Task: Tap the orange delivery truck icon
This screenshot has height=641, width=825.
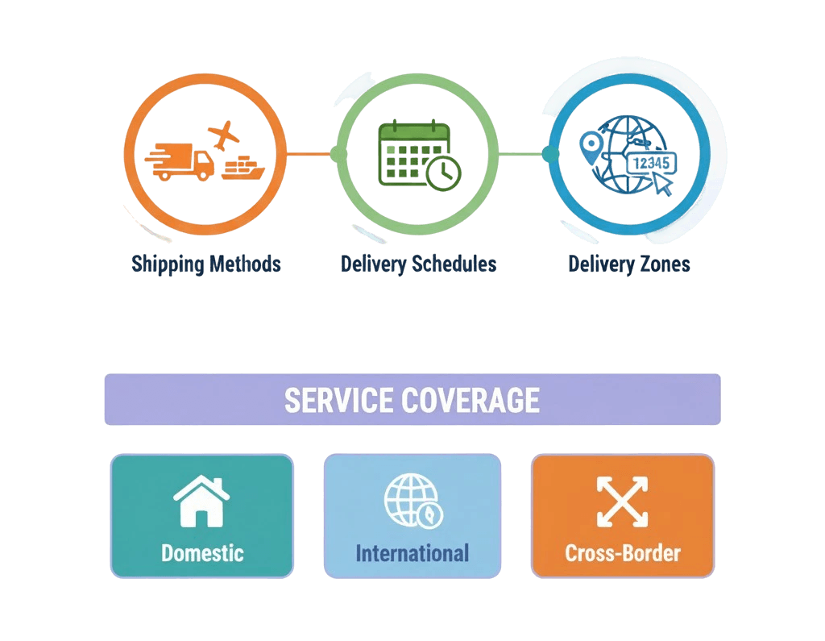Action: click(180, 161)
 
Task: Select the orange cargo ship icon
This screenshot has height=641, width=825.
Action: click(243, 168)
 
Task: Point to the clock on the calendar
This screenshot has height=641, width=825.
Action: click(444, 173)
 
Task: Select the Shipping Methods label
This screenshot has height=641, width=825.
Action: click(206, 264)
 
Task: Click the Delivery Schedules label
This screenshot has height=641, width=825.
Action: click(418, 264)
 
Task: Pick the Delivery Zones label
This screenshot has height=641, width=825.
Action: click(629, 264)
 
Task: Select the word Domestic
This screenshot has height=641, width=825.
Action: click(202, 553)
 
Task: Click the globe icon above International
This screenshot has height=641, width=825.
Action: click(412, 501)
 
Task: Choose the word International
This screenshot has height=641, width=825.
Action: click(412, 553)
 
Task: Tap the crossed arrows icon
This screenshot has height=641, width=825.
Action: click(622, 502)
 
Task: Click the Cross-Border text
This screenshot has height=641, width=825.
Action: click(623, 553)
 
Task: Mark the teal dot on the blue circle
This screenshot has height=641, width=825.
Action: click(550, 153)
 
